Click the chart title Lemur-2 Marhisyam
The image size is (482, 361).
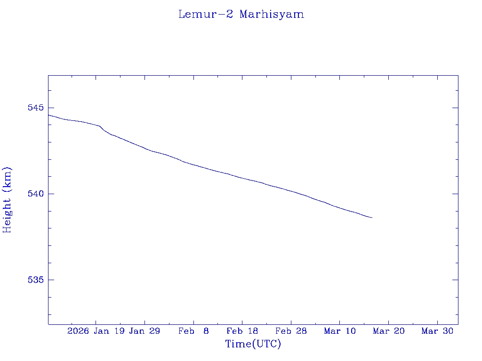tap(241, 14)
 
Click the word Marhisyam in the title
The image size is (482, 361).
tap(272, 14)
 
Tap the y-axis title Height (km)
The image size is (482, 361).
tap(7, 200)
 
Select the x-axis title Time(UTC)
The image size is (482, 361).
tap(253, 344)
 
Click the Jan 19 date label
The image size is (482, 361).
tap(109, 331)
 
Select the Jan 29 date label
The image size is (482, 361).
tap(145, 331)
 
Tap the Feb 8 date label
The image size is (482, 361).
tap(193, 331)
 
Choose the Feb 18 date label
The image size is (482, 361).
tap(242, 331)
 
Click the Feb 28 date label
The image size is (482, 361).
tap(291, 331)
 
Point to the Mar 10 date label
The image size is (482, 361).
tap(340, 331)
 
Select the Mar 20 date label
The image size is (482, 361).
tap(389, 331)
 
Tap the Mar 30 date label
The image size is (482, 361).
tap(437, 331)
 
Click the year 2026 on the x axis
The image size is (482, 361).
tap(78, 331)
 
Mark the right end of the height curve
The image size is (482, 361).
tap(372, 218)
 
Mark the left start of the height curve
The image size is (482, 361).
tap(48, 115)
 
